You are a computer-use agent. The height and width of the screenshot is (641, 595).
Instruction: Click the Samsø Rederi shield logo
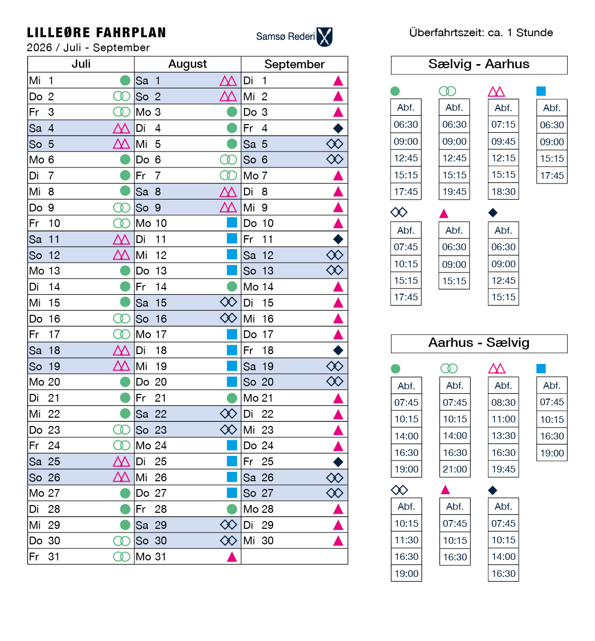click(324, 37)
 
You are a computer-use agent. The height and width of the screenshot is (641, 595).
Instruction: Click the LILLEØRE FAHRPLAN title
click(97, 33)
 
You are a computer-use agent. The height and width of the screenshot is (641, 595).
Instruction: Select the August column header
click(187, 64)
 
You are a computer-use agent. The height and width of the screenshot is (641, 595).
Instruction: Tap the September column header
click(294, 64)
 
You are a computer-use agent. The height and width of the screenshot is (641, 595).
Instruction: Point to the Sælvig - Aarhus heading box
click(479, 65)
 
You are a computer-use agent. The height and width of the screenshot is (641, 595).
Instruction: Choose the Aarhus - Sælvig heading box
click(479, 343)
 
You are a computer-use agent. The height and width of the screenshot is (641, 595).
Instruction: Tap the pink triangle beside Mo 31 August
click(232, 557)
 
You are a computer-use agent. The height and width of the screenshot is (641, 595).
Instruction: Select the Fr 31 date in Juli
click(44, 557)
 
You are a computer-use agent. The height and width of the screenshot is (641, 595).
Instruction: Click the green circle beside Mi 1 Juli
click(125, 80)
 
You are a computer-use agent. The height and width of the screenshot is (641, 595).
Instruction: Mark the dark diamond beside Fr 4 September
click(338, 128)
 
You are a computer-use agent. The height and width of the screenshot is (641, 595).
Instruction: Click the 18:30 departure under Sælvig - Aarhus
click(504, 192)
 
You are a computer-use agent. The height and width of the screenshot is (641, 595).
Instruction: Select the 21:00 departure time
click(455, 469)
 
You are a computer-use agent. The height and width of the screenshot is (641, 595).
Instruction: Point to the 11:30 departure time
click(406, 540)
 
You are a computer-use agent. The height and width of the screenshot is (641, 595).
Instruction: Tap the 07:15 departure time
click(504, 125)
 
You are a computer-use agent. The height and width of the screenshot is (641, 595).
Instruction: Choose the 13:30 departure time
click(504, 436)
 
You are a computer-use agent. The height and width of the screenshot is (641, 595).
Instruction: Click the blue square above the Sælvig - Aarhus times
click(541, 91)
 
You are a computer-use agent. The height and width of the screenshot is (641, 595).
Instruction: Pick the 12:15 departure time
click(504, 158)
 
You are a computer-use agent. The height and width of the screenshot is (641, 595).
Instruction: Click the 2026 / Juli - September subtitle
click(88, 48)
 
